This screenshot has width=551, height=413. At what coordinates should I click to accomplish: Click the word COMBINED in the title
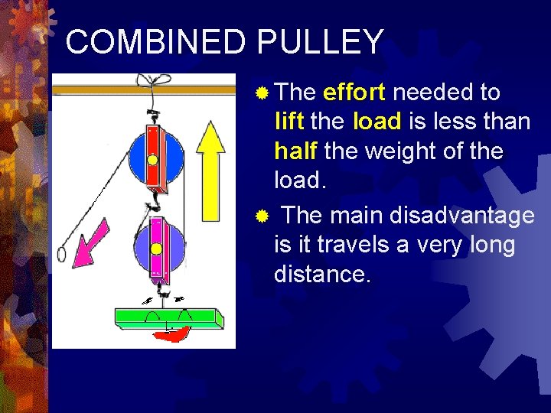coord(158,42)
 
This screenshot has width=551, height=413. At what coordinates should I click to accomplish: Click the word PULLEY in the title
coord(320,42)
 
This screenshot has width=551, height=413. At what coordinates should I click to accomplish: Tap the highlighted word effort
coord(354,93)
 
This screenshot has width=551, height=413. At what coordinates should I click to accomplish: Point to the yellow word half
coord(296,150)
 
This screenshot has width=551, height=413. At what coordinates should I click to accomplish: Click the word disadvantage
coord(462,216)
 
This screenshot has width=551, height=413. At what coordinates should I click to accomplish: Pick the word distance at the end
coord(322,274)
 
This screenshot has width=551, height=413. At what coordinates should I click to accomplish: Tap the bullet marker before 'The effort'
coord(262,93)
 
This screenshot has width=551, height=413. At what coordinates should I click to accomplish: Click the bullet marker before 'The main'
coord(262,217)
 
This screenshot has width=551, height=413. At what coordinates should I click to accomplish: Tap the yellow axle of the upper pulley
coord(152,161)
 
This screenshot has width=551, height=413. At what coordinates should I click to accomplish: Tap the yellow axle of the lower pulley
coord(156,249)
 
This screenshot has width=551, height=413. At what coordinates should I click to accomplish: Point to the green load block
coord(168,317)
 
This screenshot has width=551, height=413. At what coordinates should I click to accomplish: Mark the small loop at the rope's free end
coord(61,253)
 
